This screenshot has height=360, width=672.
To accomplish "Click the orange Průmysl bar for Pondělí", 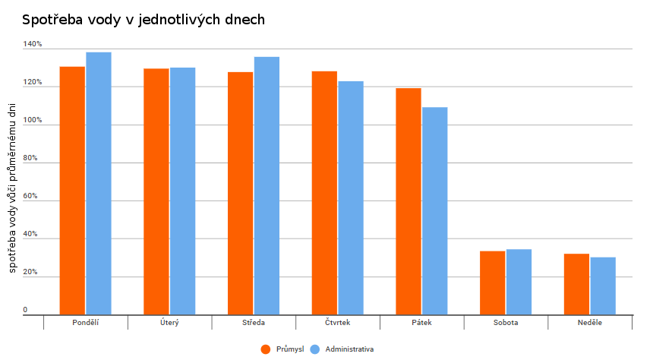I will (x=73, y=191).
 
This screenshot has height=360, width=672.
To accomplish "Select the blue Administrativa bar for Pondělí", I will (x=99, y=183).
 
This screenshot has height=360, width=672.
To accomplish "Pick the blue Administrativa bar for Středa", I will (x=267, y=186).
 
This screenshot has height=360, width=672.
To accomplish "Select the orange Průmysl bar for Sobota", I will (x=492, y=283).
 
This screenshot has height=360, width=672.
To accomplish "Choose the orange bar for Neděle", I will (x=576, y=284).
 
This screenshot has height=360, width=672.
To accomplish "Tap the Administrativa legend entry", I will (x=342, y=349).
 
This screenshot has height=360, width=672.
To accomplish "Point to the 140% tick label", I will (x=33, y=45).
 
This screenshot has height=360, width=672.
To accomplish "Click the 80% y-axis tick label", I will (x=30, y=159).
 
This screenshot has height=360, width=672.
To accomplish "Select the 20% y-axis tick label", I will (x=30, y=273).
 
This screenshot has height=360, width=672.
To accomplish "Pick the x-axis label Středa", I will (x=254, y=323).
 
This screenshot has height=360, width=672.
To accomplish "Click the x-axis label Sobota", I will (x=505, y=323).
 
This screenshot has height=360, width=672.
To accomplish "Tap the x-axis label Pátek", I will (x=421, y=323).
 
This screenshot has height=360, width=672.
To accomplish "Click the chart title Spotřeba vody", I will (x=144, y=20).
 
